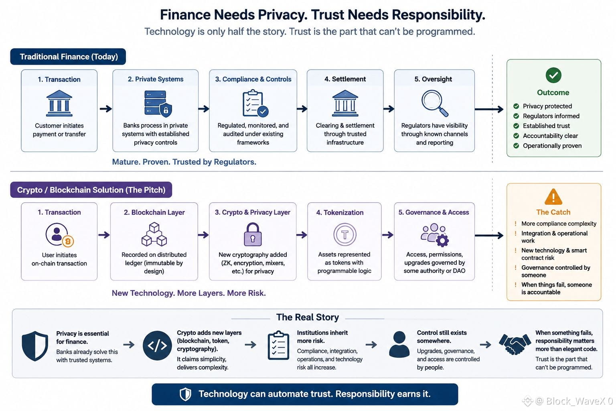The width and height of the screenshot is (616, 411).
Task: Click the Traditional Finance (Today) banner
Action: pos(68,57)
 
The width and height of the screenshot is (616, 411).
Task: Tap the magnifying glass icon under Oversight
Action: pos(435,103)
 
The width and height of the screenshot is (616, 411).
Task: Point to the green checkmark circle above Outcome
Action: pos(553,75)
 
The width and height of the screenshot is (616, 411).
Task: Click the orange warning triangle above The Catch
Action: pos(553,197)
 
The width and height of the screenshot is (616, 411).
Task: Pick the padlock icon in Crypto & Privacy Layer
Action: pos(253,234)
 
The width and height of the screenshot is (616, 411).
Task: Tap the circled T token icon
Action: pos(345,234)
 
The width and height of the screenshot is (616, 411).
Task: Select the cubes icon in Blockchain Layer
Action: pos(154,234)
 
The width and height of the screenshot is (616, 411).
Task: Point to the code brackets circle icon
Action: pos(157,346)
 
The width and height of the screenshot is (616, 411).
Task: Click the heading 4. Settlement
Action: pos(345,79)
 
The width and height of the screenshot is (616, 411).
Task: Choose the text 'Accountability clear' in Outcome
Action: pos(550,136)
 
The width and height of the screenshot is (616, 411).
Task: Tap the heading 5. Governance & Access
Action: pos(434,212)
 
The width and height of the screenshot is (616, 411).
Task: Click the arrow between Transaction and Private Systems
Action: pos(105,109)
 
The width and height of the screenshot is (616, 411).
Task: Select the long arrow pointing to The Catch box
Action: pos(489,235)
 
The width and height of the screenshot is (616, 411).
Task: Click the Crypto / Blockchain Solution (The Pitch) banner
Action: pos(91,190)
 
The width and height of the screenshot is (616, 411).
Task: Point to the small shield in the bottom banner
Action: pos(185,394)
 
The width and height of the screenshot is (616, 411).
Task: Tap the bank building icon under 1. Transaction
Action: pos(59,103)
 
